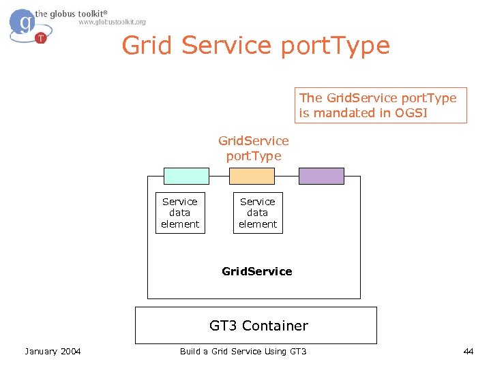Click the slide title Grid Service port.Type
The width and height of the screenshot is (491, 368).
click(x=256, y=46)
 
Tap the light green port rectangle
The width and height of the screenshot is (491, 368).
click(x=186, y=176)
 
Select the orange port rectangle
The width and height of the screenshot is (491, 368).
click(x=252, y=176)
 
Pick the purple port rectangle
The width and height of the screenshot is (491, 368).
click(x=322, y=176)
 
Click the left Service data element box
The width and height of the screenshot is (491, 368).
click(x=180, y=213)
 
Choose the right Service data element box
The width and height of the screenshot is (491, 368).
click(x=258, y=213)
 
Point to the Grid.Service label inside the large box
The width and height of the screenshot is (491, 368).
click(x=257, y=271)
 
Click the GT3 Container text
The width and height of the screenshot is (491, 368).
click(x=258, y=326)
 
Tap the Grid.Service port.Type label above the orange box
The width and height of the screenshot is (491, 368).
click(x=254, y=148)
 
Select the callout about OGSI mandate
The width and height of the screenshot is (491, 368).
click(x=381, y=105)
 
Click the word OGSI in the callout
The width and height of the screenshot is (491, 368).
click(x=411, y=113)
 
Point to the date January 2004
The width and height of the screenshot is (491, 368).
click(x=53, y=351)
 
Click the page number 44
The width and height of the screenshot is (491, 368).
click(x=468, y=351)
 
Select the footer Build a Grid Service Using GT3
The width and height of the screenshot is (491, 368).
click(x=243, y=351)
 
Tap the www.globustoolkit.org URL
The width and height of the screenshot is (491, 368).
click(x=112, y=22)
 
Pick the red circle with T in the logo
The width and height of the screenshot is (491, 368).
click(x=41, y=37)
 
